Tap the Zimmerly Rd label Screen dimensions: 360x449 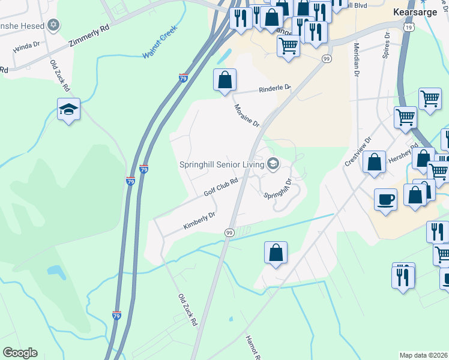(89, 35)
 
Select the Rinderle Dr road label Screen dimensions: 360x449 (274, 89)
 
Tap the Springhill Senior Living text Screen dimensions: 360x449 (223, 164)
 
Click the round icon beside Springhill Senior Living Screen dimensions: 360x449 (273, 164)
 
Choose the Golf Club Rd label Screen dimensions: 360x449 (221, 187)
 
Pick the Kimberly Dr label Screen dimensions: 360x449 (199, 221)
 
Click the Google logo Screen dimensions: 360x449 (20, 353)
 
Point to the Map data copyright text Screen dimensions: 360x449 (423, 355)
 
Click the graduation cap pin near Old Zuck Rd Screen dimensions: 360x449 (69, 109)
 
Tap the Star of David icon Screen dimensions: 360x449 (53, 25)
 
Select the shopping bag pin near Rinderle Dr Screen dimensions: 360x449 (224, 79)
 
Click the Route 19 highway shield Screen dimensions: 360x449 (409, 28)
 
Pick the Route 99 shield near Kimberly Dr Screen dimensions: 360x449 (229, 232)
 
